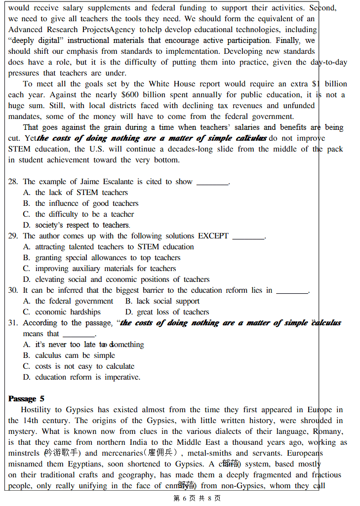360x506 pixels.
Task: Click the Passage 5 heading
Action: coord(26,398)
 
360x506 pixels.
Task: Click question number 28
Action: coord(13,182)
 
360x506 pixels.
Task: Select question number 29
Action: coord(13,236)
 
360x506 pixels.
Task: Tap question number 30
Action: coord(13,290)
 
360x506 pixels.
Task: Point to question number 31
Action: coord(13,323)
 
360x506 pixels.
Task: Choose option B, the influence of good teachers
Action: coord(81,203)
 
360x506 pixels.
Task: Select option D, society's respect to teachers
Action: coord(77,225)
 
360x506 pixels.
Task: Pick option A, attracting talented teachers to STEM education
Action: coord(109,247)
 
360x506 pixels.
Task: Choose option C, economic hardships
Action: coord(62,312)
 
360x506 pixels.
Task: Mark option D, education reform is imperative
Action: coord(81,377)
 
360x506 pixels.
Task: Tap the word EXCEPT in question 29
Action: coord(213,236)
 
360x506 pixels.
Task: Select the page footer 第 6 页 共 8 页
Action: coord(197,498)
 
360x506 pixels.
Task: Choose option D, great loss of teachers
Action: coord(167,312)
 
